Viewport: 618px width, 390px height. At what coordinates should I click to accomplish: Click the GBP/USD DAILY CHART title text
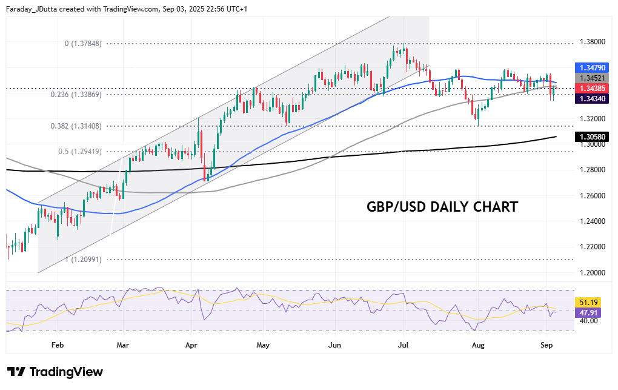click(442, 207)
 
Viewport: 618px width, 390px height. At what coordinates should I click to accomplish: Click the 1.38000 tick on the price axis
click(593, 42)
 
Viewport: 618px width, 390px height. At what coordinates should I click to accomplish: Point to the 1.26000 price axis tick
click(593, 196)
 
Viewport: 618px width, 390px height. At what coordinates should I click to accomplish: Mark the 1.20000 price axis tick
click(593, 273)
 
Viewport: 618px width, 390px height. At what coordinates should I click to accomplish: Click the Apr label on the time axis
click(192, 345)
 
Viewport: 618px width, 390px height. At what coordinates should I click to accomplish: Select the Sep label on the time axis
click(547, 345)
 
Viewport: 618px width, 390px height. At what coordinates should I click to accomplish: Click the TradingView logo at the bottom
click(55, 372)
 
